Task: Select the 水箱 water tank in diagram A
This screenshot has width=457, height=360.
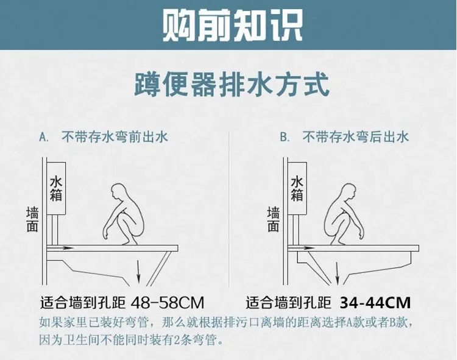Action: (x=56, y=189)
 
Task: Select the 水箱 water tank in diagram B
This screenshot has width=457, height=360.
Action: (x=297, y=189)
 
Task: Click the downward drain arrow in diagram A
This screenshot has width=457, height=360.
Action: (x=139, y=272)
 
